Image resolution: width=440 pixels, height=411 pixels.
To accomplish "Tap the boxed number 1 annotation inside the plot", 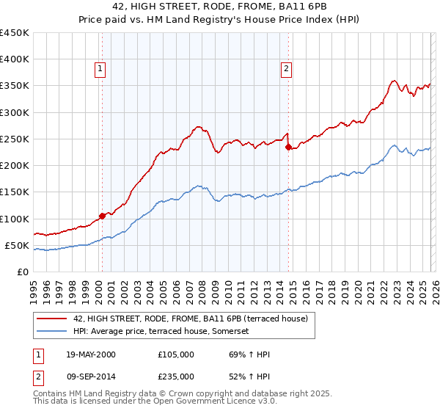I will point(100,70).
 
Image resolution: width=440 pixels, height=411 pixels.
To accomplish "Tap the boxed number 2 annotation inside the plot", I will point(285,70).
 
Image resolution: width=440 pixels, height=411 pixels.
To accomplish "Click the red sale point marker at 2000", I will point(102,216).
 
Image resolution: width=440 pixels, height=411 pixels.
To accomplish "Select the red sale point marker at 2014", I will point(288,147).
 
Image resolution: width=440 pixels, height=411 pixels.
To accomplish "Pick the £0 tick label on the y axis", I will point(22,272).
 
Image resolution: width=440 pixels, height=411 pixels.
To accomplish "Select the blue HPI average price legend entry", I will point(161,332).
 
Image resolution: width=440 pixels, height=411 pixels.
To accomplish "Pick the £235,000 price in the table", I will point(176,375).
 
